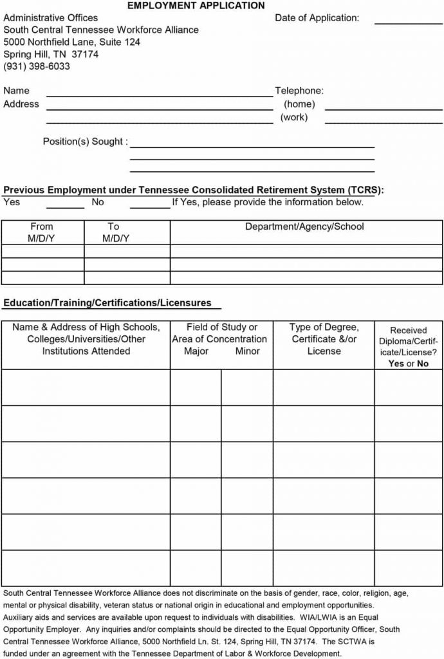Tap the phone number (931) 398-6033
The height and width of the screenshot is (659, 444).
coord(37,66)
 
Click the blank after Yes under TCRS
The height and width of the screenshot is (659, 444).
coord(65,206)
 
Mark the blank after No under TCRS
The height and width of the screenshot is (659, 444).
coord(150,206)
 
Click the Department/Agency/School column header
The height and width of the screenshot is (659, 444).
coord(304,227)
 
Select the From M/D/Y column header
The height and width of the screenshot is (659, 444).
coord(42,232)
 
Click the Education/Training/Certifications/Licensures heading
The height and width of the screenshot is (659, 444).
coord(107,302)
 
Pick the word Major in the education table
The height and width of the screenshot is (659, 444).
coord(196,351)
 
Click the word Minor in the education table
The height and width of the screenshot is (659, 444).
coord(247,351)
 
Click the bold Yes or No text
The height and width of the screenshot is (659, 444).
coord(408,364)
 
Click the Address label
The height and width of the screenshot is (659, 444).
coord(21,104)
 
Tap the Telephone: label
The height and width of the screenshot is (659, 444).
coord(299,91)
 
